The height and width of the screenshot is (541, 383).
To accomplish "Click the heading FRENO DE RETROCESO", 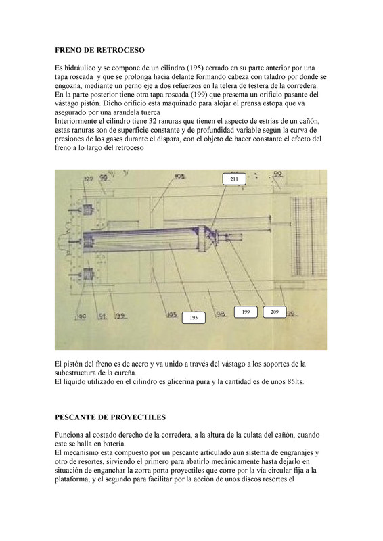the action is coord(99,50).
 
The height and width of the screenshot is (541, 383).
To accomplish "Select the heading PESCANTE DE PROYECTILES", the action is coord(110,417).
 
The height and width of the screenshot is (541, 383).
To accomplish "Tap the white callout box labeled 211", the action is coord(234,179).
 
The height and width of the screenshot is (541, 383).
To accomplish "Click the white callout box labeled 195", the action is coord(194,318).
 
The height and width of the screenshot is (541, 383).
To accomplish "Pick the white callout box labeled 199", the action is coord(246,312).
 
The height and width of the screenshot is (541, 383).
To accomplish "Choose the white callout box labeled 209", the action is coord(275,312).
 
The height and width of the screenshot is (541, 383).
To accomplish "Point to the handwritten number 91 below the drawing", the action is coord(102,316).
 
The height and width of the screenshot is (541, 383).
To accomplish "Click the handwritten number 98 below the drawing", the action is coord(220,314).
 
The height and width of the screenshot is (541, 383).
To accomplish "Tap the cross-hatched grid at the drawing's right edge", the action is coord(309,236).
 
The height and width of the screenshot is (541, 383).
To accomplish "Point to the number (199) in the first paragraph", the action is coord(200,95).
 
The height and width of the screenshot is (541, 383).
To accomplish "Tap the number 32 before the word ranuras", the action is coord(153,122).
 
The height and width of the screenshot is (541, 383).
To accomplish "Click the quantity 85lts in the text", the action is coord(295,382).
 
